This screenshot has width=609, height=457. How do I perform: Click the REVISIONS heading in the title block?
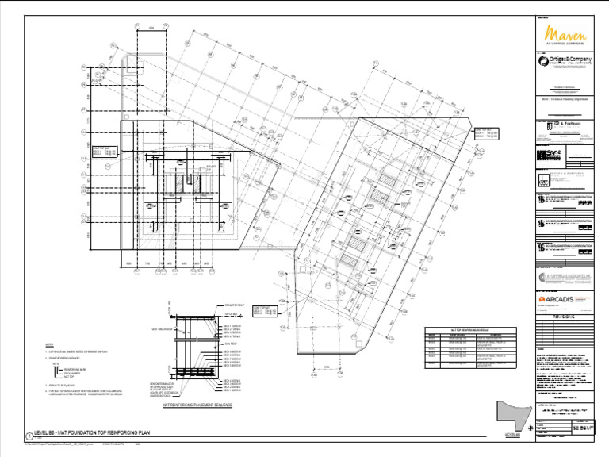(565, 314)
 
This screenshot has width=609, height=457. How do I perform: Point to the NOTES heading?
(49, 345)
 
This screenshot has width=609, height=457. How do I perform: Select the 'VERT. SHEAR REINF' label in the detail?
(163, 328)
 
